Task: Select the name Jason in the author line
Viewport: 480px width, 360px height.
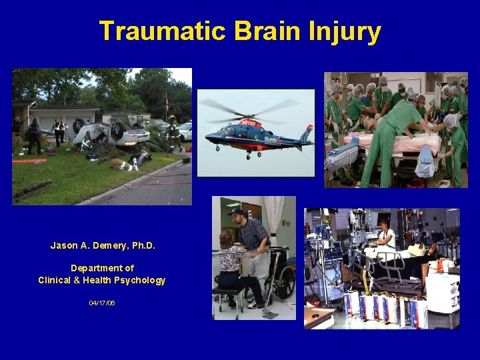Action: [63, 245]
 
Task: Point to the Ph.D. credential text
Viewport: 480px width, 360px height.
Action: [141, 245]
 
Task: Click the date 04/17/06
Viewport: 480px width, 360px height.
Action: [102, 303]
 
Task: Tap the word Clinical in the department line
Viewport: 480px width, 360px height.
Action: [57, 280]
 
